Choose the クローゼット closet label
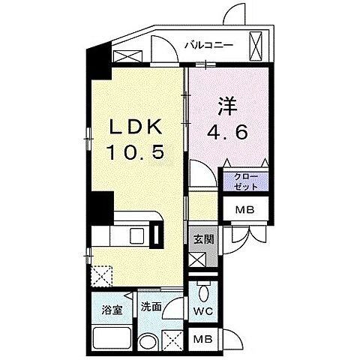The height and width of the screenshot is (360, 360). pyautogui.click(x=244, y=180)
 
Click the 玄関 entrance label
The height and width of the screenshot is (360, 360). pyautogui.click(x=202, y=240)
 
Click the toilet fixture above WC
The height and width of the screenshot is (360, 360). pyautogui.click(x=204, y=292)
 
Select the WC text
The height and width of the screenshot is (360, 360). pyautogui.click(x=203, y=310)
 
